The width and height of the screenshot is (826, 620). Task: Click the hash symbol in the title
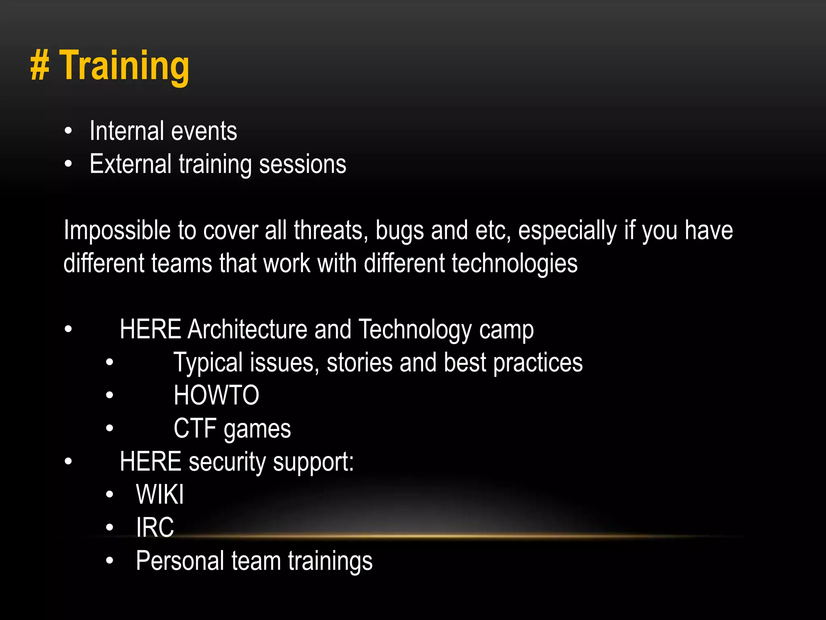tap(40, 66)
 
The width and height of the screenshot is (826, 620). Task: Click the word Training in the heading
tap(125, 66)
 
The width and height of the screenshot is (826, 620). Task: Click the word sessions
tap(302, 165)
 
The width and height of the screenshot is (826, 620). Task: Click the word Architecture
tap(247, 329)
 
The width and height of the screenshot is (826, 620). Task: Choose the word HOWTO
tap(216, 396)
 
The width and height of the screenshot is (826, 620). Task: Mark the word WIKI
tap(160, 495)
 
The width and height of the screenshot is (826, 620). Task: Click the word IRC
tap(155, 528)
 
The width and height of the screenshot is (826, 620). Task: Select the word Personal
tap(180, 561)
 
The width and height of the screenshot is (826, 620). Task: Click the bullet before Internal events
tap(68, 131)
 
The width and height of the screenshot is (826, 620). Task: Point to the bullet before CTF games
tap(109, 429)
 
